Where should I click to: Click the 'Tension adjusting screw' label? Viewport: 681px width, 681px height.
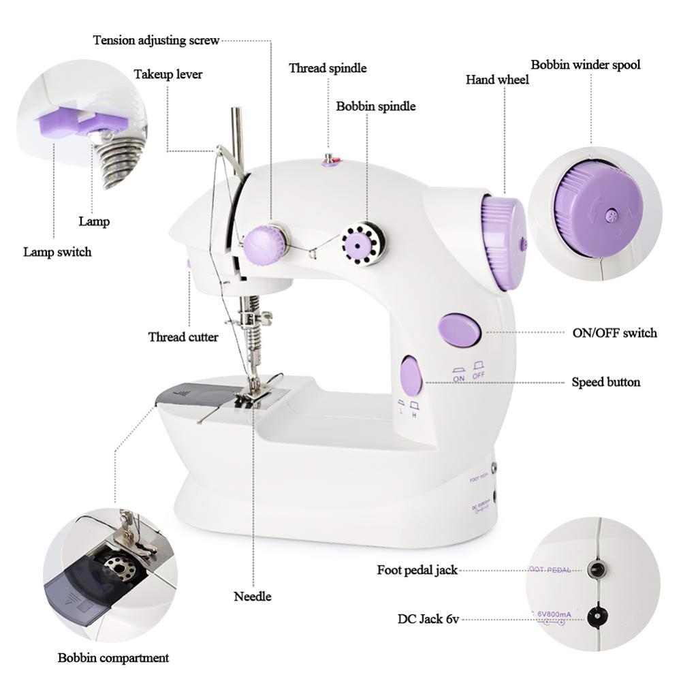click(x=156, y=40)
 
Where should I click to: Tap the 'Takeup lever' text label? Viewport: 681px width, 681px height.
click(x=168, y=74)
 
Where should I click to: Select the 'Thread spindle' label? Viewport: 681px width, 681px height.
click(x=328, y=68)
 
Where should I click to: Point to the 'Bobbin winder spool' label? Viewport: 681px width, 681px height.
click(x=586, y=65)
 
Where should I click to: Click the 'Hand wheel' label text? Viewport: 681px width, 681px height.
click(x=497, y=80)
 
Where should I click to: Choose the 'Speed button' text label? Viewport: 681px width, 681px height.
click(x=605, y=382)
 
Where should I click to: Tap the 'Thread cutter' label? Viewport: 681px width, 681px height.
click(x=183, y=337)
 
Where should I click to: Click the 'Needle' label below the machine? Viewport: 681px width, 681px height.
click(x=253, y=597)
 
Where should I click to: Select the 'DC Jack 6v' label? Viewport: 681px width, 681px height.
click(x=428, y=619)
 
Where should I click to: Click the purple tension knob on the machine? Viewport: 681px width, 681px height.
click(x=264, y=240)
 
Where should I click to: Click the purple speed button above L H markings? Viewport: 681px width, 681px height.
click(x=411, y=376)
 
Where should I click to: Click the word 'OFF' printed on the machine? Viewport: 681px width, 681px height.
click(x=479, y=375)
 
